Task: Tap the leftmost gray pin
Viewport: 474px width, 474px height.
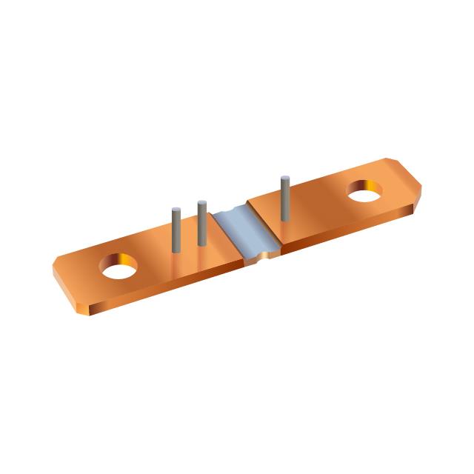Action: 176,230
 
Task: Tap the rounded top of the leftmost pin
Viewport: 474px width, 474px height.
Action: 176,210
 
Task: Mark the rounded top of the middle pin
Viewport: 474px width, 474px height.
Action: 201,203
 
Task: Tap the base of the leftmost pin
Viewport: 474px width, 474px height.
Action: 176,250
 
